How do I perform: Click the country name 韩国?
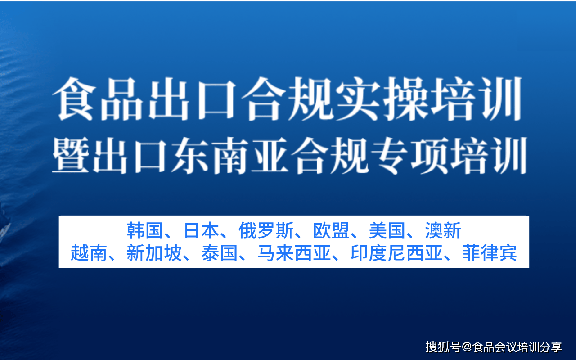pos(145,230)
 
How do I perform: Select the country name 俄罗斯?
pos(266,230)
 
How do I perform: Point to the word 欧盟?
pos(331,230)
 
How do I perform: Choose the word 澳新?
pos(443,230)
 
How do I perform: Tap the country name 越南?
pos(89,253)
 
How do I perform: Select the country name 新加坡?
pos(154,253)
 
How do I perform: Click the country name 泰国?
pos(219,253)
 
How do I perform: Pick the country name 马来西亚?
pos(294,253)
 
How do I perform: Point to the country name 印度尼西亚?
pos(397,253)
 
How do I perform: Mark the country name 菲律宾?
pos(490,253)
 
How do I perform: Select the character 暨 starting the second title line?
pos(71,155)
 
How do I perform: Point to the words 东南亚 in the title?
pos(230,155)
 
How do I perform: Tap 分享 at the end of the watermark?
pos(551,347)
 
